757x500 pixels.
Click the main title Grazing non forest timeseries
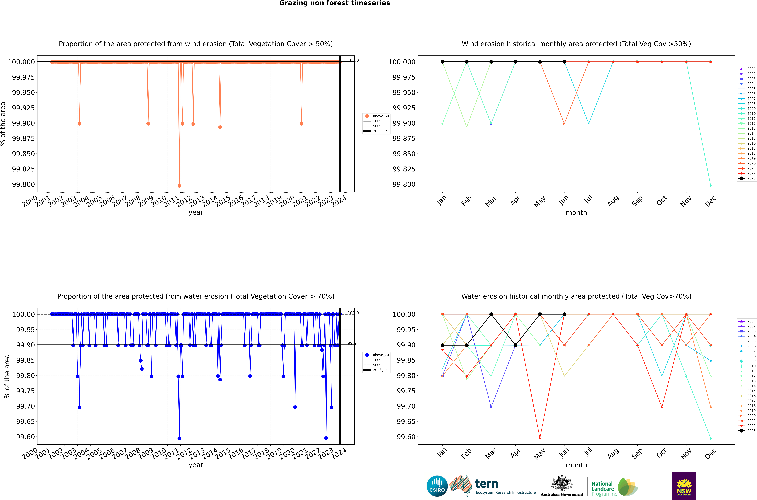(334, 3)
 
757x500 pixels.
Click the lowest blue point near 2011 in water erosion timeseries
(179, 438)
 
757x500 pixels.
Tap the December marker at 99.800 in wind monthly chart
(710, 186)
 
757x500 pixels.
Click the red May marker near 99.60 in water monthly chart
(540, 438)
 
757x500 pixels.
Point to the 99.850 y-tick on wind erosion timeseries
(23, 154)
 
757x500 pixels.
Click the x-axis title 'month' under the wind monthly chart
(576, 213)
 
